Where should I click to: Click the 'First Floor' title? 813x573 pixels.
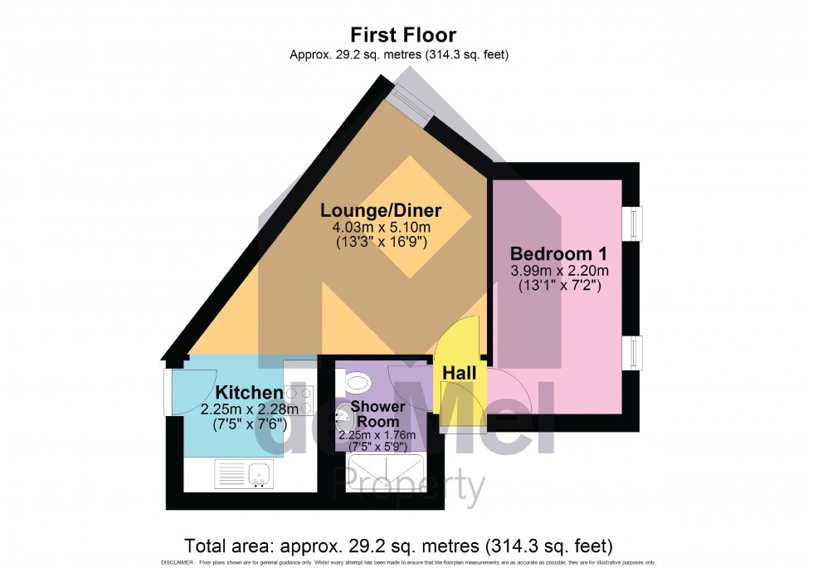click(402, 35)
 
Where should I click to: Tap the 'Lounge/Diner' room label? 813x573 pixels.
click(381, 210)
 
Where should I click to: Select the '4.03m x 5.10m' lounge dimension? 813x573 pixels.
click(381, 228)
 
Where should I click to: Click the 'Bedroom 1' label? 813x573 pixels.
click(554, 253)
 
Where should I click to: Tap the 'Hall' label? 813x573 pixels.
click(459, 374)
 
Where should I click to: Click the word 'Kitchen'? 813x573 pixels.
click(249, 392)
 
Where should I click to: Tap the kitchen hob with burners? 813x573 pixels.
click(299, 400)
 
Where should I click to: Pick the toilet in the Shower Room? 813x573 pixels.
click(358, 383)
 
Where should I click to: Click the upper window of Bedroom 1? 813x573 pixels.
click(635, 224)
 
